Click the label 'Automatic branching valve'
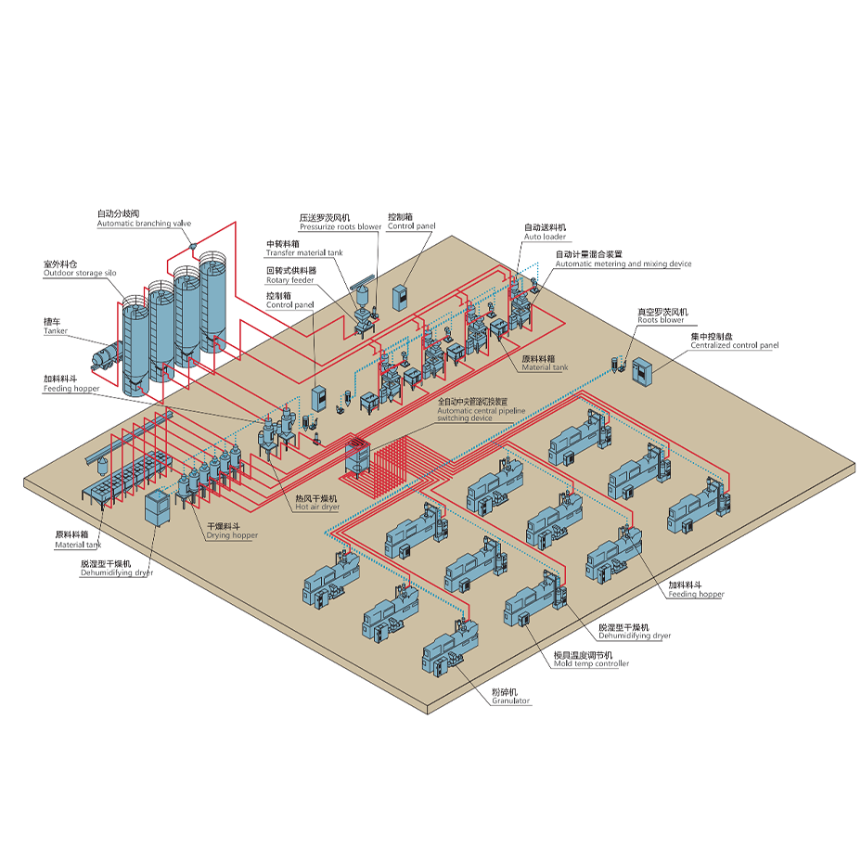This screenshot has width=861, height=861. [x=144, y=224]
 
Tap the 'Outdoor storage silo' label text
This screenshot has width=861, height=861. [x=80, y=273]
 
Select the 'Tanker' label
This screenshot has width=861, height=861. [x=56, y=330]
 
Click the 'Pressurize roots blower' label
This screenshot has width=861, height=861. [x=341, y=226]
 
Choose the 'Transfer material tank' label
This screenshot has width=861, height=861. [x=304, y=252]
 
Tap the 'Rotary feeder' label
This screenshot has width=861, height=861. [x=289, y=279]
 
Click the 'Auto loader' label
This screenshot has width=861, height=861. [x=545, y=237]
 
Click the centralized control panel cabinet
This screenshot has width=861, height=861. [x=642, y=370]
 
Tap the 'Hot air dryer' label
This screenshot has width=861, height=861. [x=316, y=508]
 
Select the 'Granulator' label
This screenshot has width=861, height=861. [x=510, y=700]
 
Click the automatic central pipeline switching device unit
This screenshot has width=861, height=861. [x=358, y=456]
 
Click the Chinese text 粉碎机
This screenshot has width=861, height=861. [x=506, y=691]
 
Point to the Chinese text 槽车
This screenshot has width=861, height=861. [x=52, y=321]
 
